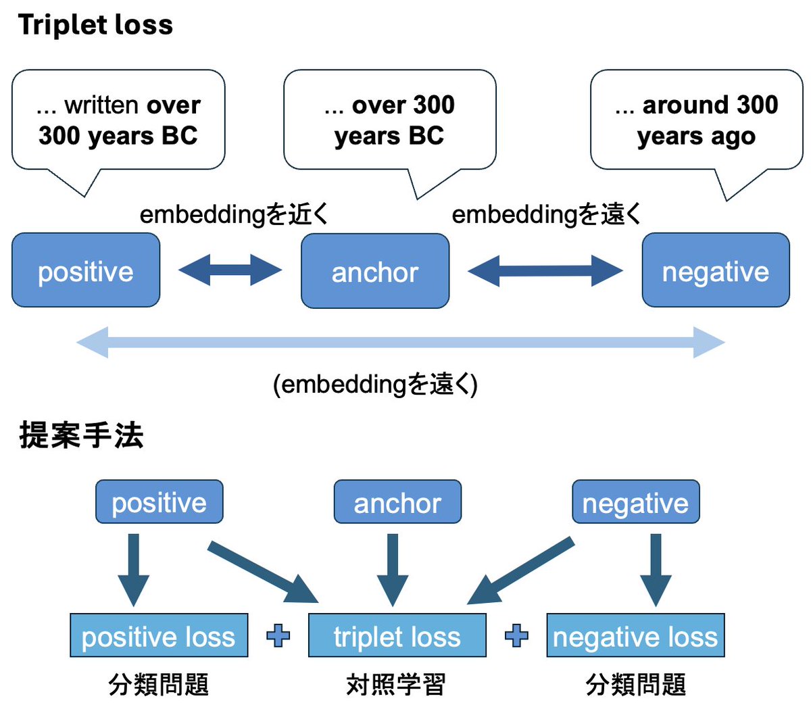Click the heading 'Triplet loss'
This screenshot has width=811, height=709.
(x=95, y=25)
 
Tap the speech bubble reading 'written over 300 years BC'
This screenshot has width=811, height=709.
(x=118, y=120)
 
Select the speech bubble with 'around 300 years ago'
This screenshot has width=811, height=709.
(x=696, y=120)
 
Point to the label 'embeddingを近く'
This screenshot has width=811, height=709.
(x=234, y=214)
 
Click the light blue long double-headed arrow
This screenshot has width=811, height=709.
(x=400, y=342)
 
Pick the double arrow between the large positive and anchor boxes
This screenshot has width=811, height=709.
(x=230, y=270)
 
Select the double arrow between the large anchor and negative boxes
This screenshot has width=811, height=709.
(x=545, y=271)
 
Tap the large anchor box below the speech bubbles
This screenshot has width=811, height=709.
(x=375, y=271)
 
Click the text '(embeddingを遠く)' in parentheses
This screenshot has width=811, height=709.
(x=375, y=384)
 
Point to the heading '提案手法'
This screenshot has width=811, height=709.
(x=81, y=435)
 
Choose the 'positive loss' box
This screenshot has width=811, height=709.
(x=159, y=635)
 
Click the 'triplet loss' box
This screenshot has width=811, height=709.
(x=397, y=635)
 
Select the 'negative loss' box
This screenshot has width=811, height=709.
(x=635, y=635)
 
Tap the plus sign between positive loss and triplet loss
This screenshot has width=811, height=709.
(x=278, y=635)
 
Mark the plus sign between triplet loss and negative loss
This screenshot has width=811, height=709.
(x=516, y=635)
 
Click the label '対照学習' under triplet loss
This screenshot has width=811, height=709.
(x=396, y=685)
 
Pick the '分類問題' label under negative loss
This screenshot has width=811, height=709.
(x=635, y=685)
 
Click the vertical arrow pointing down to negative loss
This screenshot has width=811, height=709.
(x=655, y=569)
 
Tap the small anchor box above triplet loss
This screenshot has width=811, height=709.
(x=397, y=502)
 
